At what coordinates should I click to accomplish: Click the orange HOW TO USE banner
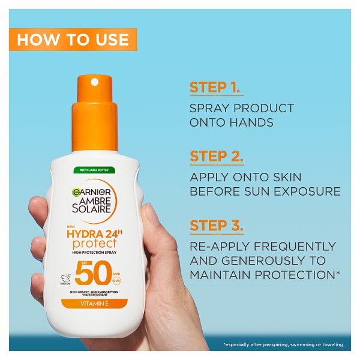tap(73, 40)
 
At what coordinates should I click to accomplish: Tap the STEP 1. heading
tap(217, 86)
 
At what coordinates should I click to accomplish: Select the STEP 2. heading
tap(217, 157)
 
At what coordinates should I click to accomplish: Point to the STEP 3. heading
tap(217, 226)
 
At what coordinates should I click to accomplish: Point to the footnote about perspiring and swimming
tap(283, 344)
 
